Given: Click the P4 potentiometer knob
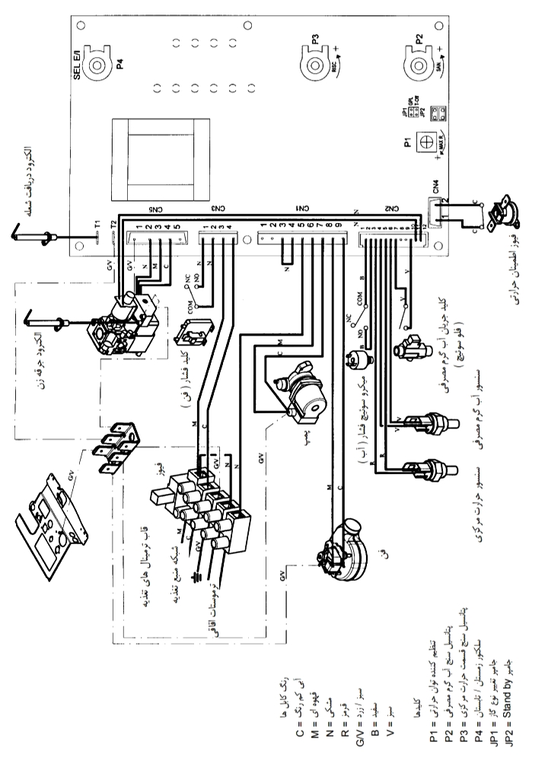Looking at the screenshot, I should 97,66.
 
